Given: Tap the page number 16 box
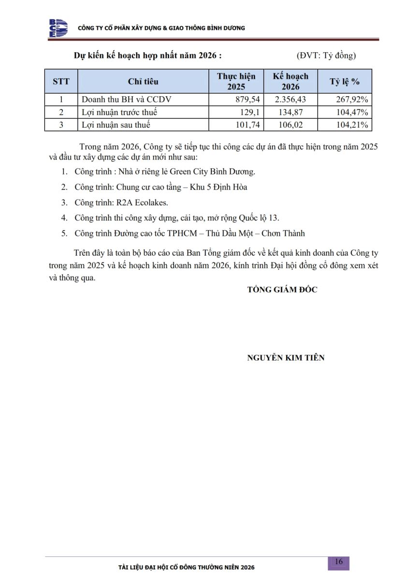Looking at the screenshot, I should [x=338, y=562].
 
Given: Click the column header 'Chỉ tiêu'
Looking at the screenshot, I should [x=143, y=82].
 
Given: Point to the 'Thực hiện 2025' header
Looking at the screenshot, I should [x=236, y=82].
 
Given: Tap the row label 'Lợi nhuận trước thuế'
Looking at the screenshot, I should [x=119, y=112].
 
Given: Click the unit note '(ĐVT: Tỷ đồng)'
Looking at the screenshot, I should [x=326, y=56].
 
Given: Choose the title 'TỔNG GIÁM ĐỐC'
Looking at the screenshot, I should [x=282, y=290].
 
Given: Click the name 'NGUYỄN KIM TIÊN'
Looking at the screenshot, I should [x=286, y=358].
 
